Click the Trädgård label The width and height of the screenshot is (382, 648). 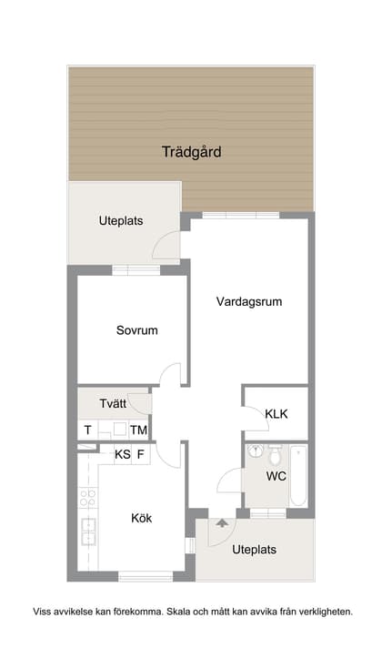click(191, 152)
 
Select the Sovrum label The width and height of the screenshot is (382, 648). click(136, 330)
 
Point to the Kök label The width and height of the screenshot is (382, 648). click(141, 518)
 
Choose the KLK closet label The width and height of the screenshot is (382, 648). click(276, 414)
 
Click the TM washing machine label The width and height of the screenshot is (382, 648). click(138, 430)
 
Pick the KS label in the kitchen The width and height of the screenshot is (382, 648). click(122, 454)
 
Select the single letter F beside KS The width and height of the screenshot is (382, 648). click(141, 454)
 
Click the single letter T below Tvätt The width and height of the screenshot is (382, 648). click(87, 430)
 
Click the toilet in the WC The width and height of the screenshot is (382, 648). click(276, 453)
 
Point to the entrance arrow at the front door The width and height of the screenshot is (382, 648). click(221, 522)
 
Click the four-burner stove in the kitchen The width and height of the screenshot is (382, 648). click(88, 497)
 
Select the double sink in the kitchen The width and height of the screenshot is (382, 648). click(88, 530)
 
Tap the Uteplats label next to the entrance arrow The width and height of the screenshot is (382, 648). click(254, 550)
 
